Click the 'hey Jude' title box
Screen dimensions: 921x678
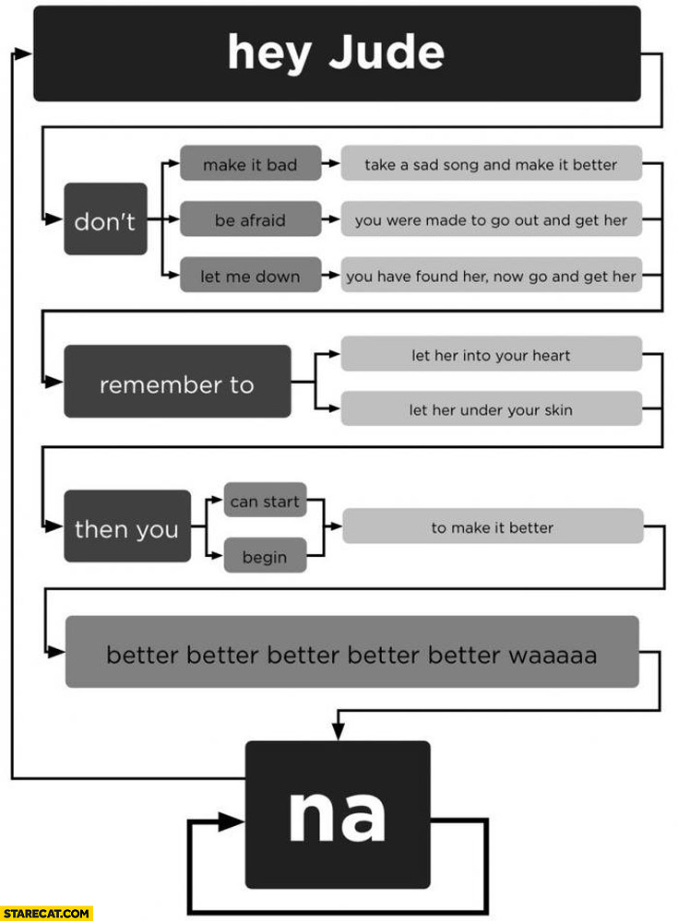tap(337, 53)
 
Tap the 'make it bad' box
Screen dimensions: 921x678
tap(250, 164)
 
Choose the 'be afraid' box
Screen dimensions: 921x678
tap(250, 219)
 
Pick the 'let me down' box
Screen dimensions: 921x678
tap(250, 275)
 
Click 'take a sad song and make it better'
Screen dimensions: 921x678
tap(491, 164)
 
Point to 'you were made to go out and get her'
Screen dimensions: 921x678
tap(491, 219)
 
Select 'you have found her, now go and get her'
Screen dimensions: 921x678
tap(491, 275)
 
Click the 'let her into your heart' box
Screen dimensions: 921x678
tap(491, 355)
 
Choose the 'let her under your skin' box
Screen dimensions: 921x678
tap(491, 409)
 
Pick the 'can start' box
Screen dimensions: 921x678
tap(265, 501)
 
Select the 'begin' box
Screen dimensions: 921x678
tap(265, 556)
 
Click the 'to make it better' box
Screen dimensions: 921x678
tap(493, 527)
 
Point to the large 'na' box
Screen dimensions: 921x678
tap(337, 814)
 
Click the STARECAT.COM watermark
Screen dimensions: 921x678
tap(46, 913)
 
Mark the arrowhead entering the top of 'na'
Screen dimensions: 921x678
tap(338, 732)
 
